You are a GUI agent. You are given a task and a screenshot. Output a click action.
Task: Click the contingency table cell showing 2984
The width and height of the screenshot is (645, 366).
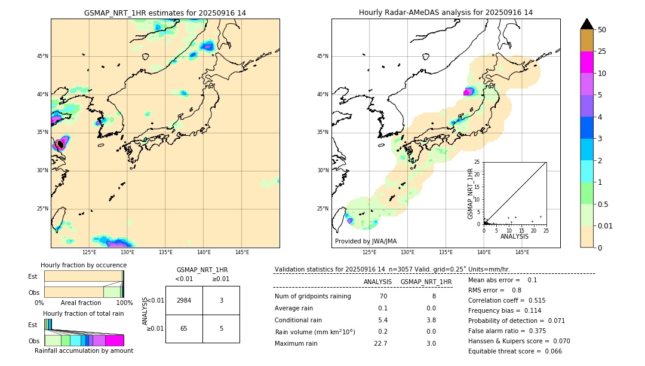point(184,300)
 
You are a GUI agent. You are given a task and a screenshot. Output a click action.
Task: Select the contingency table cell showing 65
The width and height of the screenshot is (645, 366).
point(184,328)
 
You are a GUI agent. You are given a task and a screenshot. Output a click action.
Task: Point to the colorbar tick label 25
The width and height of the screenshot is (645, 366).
point(602,51)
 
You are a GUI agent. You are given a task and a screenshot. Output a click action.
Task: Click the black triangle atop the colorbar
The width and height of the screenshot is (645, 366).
point(587,24)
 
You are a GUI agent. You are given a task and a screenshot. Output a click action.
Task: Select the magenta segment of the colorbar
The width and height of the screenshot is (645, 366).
point(587,62)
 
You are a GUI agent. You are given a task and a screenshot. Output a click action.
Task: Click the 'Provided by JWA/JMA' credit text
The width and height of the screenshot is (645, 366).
point(365,242)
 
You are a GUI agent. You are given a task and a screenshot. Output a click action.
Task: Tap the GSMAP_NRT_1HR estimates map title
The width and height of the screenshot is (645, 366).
point(165,13)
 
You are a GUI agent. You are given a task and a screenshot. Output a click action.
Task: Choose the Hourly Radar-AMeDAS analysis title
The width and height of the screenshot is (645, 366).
point(446,13)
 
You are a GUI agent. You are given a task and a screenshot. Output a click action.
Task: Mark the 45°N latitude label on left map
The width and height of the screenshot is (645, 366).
point(42,56)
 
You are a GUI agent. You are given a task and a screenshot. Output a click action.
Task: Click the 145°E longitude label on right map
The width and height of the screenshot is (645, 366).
point(522,252)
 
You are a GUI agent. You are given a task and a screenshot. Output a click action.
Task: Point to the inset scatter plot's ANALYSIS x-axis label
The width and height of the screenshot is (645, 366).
point(514,236)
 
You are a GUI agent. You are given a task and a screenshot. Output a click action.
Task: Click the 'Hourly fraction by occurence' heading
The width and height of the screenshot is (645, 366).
point(84,265)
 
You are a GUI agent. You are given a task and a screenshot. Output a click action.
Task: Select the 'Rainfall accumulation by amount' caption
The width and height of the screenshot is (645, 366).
point(84,350)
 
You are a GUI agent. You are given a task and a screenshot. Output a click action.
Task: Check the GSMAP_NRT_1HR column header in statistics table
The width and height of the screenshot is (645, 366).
point(426,282)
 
